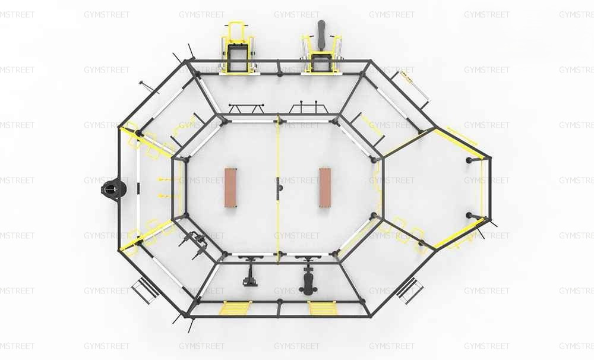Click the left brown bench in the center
click(230, 188)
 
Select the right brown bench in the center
click(325, 188)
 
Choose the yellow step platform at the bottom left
click(236, 308)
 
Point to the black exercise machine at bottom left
click(249, 271)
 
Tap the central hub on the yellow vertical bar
click(280, 186)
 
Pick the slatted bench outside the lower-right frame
click(409, 290)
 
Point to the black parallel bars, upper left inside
click(247, 108)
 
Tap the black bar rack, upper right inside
click(308, 108)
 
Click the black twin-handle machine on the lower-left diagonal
click(195, 243)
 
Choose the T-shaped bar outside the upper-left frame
click(147, 86)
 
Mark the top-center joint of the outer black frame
click(279, 61)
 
